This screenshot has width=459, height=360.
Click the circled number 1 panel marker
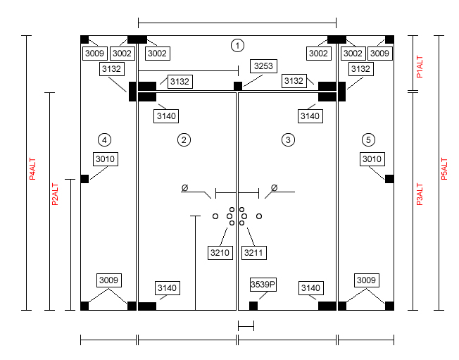[237, 45]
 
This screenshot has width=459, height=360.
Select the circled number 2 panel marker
[184, 139]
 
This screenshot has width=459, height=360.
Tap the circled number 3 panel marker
[288, 139]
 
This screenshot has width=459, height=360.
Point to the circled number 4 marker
[104, 139]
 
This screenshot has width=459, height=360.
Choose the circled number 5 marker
[368, 139]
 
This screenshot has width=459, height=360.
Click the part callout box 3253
[263, 66]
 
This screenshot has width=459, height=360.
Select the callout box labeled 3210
[220, 252]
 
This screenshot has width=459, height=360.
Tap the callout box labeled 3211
[254, 252]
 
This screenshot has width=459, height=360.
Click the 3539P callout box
[263, 285]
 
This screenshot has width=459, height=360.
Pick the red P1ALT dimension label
[420, 67]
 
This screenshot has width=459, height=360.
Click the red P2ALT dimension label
[55, 194]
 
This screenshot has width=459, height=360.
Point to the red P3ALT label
[420, 194]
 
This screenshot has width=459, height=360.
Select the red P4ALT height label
[32, 169]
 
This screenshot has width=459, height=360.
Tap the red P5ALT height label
[444, 169]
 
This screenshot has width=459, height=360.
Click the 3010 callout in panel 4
[106, 159]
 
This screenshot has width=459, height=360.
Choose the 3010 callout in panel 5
[372, 159]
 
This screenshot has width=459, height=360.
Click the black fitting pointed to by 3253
[238, 86]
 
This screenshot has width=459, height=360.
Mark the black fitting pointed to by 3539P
[253, 306]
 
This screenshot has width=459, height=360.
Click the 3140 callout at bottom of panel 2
[167, 288]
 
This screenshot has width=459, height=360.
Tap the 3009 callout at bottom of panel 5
[367, 280]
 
